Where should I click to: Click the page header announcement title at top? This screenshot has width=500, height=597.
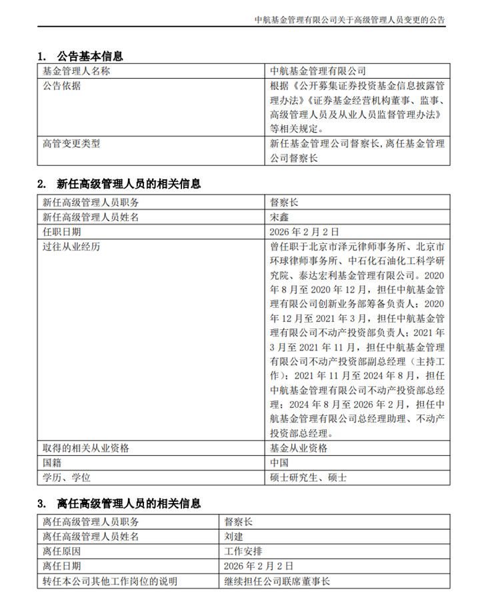tap(350, 19)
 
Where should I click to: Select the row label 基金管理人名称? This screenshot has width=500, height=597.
tap(76, 71)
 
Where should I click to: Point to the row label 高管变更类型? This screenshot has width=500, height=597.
tap(71, 143)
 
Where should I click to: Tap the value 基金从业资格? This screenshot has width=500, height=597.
tap(299, 448)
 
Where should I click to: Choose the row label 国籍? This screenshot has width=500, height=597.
tap(52, 462)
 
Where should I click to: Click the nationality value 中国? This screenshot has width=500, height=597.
tap(279, 462)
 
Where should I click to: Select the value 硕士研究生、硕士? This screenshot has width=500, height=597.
tap(308, 477)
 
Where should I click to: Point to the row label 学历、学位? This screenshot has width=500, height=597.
tap(66, 477)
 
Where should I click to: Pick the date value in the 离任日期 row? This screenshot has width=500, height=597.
tap(260, 566)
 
